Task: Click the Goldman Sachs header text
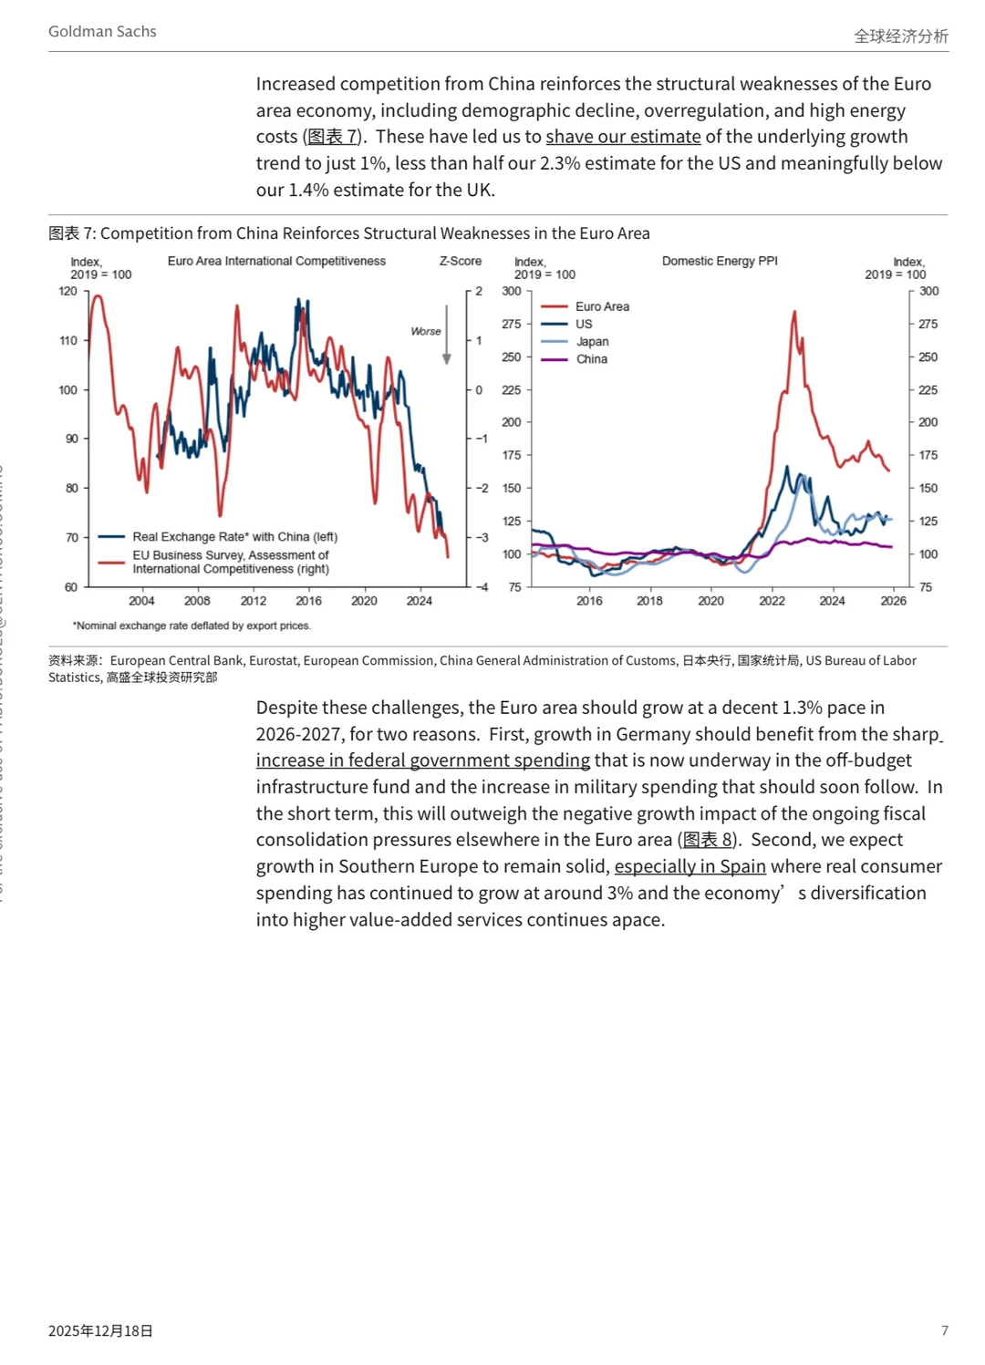click(x=102, y=32)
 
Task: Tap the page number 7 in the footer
click(x=944, y=1330)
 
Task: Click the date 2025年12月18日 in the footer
click(x=100, y=1330)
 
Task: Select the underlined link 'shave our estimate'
click(x=623, y=137)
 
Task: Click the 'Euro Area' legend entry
click(x=602, y=306)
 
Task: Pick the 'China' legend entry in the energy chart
click(x=591, y=359)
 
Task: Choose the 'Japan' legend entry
click(x=592, y=342)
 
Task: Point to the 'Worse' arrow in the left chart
click(x=446, y=335)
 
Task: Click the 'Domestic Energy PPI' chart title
click(x=720, y=261)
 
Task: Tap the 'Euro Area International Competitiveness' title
click(x=276, y=261)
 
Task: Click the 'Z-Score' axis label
click(x=461, y=261)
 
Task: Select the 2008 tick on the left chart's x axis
click(x=197, y=601)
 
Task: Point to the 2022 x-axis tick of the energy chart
click(x=772, y=601)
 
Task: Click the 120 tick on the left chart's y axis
click(x=68, y=292)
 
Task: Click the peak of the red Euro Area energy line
click(x=794, y=313)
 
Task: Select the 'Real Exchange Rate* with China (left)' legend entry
click(x=234, y=537)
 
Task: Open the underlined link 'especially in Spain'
click(x=689, y=866)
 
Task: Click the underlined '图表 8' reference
click(x=708, y=840)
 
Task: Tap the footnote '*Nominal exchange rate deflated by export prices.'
click(x=192, y=626)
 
